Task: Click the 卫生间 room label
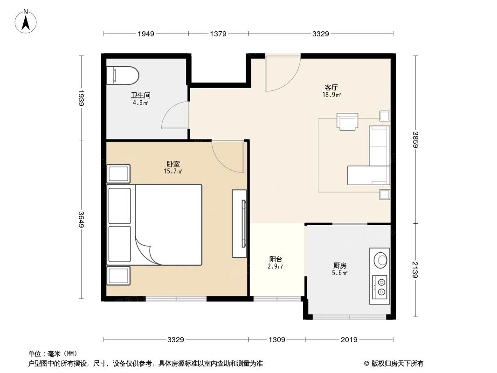point(140,95)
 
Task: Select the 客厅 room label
point(331,87)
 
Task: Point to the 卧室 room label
point(173,164)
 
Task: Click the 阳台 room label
point(276,259)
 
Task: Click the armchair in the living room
point(348,122)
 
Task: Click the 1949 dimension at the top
point(145,34)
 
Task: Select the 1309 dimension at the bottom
point(276,339)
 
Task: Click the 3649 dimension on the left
point(81,219)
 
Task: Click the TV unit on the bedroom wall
point(240,223)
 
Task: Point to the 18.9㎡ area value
point(331,95)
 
